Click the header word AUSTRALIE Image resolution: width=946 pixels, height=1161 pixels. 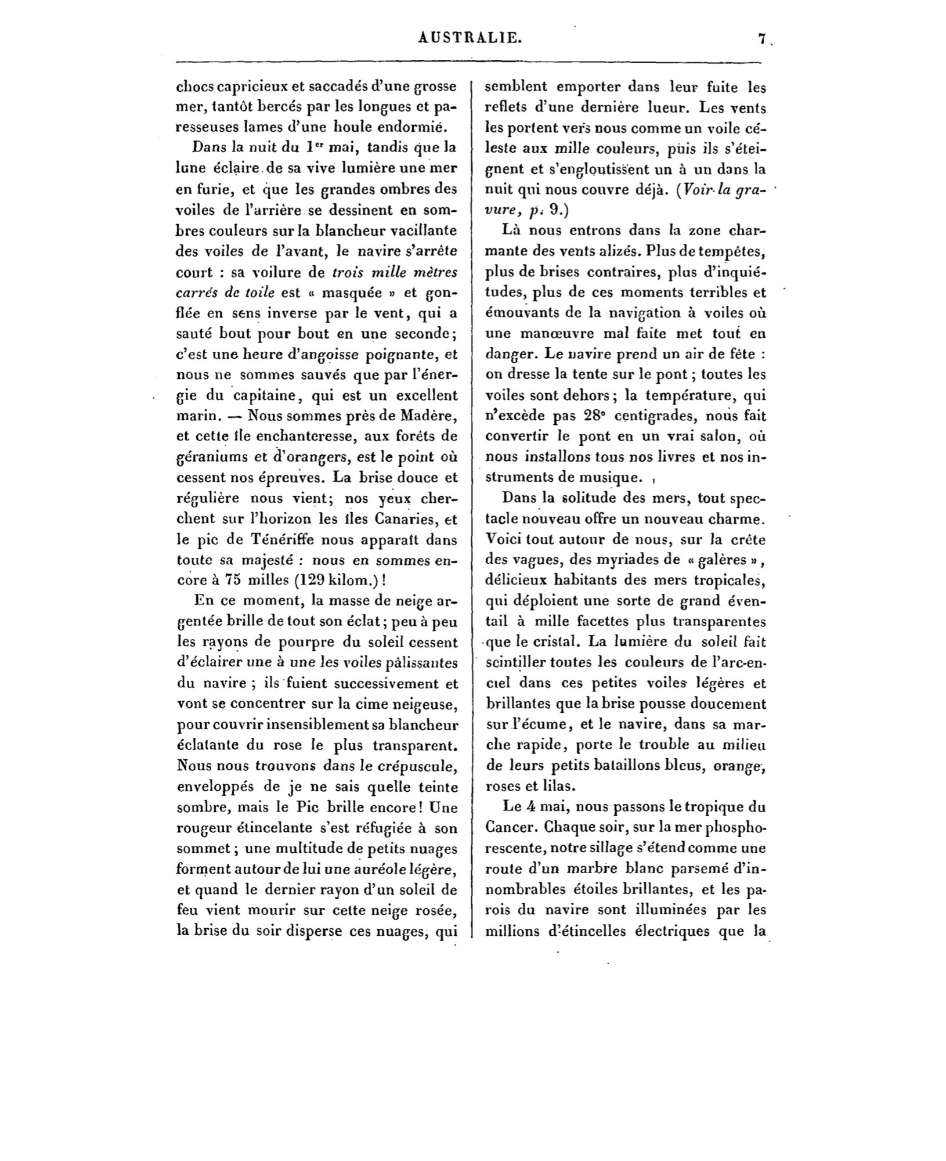469,38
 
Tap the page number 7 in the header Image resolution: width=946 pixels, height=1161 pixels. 761,39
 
